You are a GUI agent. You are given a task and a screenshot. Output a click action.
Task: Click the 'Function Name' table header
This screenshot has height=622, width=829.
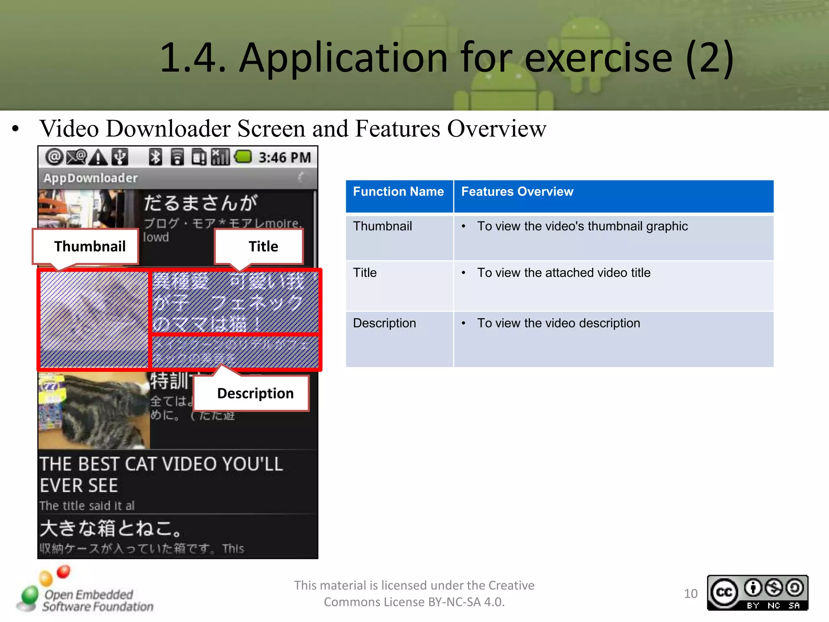coord(398,192)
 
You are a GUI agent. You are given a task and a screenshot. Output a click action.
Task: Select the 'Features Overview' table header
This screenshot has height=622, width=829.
coord(517,192)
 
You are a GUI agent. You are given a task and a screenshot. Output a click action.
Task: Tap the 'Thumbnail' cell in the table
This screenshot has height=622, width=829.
coord(382,226)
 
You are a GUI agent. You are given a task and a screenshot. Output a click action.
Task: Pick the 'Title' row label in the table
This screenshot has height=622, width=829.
coord(365,273)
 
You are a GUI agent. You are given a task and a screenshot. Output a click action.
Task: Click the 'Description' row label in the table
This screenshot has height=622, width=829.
coord(384,323)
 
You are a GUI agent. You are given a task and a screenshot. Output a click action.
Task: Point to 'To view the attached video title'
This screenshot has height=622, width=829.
coord(563,273)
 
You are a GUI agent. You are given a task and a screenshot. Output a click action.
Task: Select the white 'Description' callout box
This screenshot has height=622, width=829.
coord(255,393)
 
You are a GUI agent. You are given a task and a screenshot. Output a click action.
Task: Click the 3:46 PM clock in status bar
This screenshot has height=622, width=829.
coord(285,158)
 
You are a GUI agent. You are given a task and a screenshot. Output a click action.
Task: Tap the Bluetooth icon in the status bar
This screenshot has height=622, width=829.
coord(155,157)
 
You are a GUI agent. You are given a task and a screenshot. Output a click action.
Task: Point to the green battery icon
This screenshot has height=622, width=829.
coord(243,157)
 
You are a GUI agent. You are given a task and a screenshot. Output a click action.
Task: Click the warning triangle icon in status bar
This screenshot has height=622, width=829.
coord(98,157)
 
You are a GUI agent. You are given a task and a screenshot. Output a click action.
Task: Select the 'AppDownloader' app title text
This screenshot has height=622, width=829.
coord(91,178)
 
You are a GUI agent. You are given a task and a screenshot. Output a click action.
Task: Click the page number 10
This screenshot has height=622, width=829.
coord(691,594)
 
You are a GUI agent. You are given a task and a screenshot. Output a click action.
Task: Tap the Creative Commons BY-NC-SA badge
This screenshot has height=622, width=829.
coord(757,593)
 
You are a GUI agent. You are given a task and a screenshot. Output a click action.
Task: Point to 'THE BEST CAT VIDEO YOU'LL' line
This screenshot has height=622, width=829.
coord(161,464)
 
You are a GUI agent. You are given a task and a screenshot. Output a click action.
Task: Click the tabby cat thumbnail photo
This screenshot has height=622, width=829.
coord(94,410)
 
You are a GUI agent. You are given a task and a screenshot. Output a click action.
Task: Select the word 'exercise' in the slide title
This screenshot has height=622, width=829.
coord(598,58)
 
